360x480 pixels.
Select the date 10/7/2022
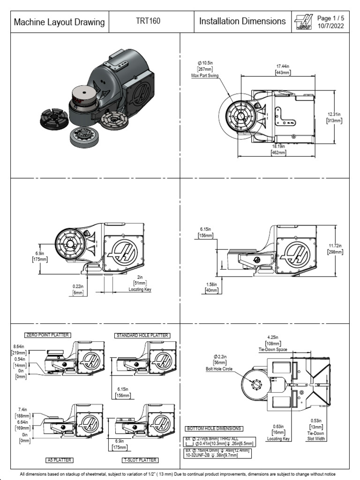click(330, 26)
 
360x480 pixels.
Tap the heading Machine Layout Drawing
click(60, 22)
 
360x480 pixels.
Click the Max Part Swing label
click(204, 75)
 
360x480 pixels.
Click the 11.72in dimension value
click(335, 246)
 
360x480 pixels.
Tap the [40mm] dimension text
click(212, 290)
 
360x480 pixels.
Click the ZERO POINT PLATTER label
click(47, 335)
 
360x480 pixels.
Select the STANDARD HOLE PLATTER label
click(142, 336)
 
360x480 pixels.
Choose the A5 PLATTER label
click(60, 460)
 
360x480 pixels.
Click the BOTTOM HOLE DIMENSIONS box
click(214, 428)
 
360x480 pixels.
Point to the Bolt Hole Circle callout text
click(220, 369)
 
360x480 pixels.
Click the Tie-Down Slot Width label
click(316, 436)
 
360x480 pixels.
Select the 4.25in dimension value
click(272, 337)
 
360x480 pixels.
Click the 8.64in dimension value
click(19, 346)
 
